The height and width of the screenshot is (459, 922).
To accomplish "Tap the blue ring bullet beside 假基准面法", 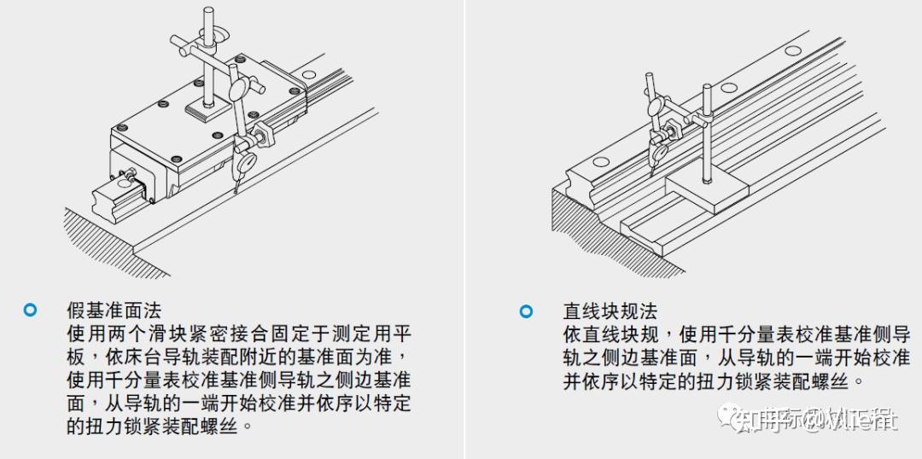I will pyautogui.click(x=31, y=310).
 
